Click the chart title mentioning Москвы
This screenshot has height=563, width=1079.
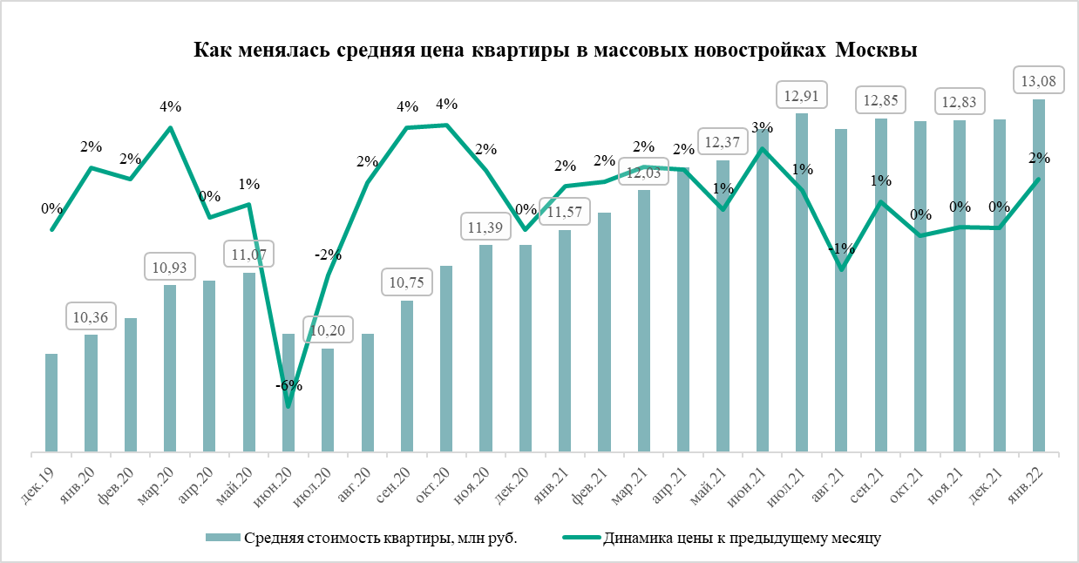coord(554,50)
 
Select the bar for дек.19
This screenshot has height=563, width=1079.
coord(51,403)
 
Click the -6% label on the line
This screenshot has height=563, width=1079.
coord(289,384)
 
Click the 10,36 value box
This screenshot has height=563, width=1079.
coord(91,316)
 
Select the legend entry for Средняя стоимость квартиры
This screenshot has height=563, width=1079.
coord(361,537)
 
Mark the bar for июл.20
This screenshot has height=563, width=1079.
coord(328,400)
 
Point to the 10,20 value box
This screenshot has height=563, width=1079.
coord(328,329)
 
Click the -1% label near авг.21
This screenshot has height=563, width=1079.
coord(841,249)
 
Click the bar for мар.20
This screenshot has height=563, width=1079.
coord(170,368)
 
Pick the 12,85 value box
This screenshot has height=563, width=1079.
coord(880,99)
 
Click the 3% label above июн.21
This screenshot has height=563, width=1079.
coord(763,129)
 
